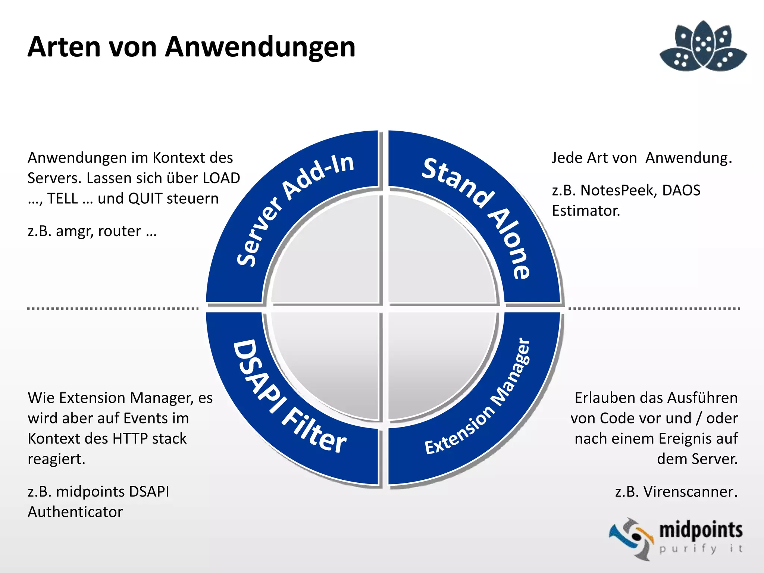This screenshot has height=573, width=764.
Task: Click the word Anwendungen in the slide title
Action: click(260, 47)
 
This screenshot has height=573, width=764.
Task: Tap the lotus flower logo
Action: click(703, 46)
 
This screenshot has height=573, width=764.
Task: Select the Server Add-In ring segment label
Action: click(294, 209)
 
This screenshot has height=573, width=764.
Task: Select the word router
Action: click(119, 232)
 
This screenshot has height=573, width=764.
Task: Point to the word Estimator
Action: click(586, 211)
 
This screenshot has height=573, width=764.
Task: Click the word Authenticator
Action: click(75, 512)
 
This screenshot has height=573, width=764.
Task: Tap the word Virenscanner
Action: click(691, 492)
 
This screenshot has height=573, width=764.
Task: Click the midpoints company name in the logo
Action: click(701, 530)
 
